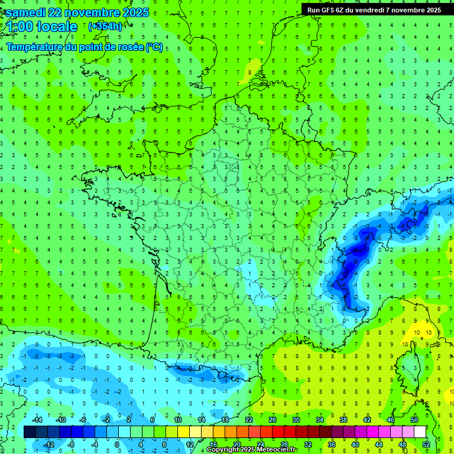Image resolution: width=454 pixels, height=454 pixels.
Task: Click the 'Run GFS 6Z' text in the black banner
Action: coord(327,10)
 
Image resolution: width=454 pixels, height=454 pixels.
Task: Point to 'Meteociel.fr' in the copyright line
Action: coord(276,450)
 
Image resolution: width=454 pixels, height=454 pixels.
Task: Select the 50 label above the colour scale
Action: coord(414,420)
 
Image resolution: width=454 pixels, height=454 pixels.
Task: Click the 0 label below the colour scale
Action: coord(117,445)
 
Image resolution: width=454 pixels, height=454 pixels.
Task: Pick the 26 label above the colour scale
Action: coord(273,420)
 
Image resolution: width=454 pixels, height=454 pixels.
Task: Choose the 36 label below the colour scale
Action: coord(331,445)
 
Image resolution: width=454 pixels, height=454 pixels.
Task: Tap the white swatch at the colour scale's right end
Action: coord(420,432)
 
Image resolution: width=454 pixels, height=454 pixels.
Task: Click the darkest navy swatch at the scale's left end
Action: coord(30,432)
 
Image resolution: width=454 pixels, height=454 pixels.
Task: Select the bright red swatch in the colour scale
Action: coord(278,432)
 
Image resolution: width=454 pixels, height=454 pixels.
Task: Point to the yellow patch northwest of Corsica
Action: coord(417,334)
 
